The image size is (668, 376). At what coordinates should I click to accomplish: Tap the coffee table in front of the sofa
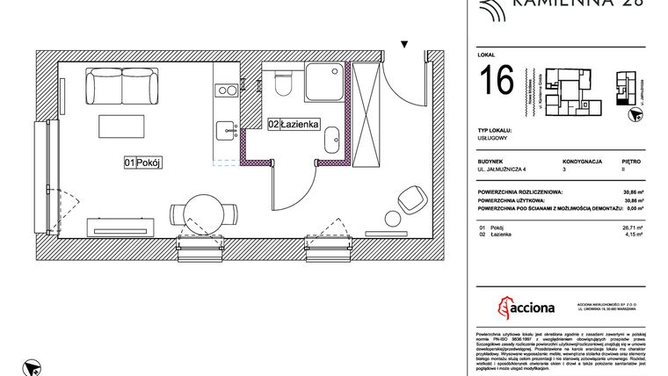[120, 124]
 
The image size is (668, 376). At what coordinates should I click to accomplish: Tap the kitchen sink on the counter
[226, 130]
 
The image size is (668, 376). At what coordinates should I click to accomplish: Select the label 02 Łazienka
[293, 125]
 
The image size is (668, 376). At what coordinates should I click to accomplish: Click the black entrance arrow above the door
[404, 43]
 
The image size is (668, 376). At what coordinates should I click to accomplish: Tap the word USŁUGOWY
[493, 138]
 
